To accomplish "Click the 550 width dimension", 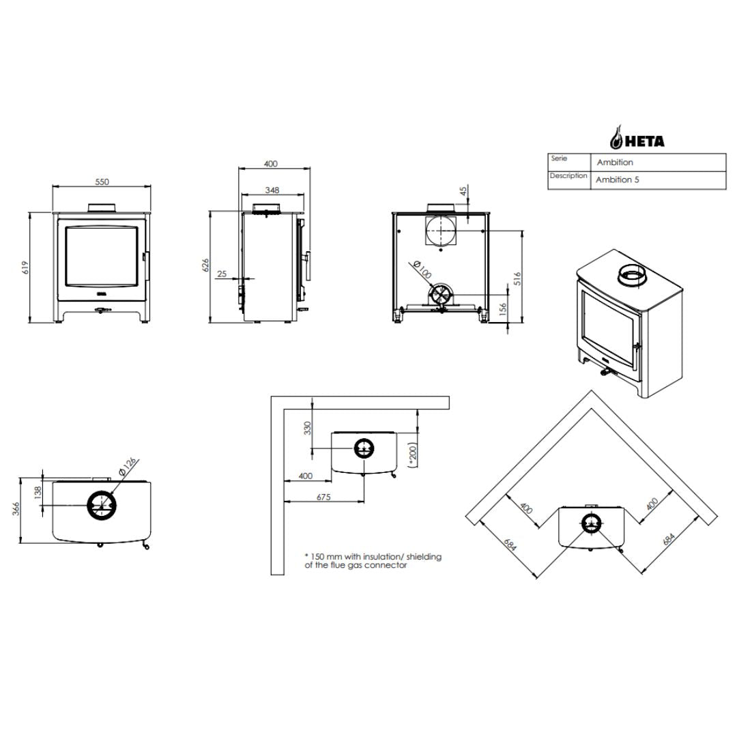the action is click(x=102, y=182).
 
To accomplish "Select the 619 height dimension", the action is click(x=26, y=268).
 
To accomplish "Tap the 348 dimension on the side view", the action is click(x=272, y=190).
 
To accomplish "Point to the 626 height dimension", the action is click(x=205, y=265).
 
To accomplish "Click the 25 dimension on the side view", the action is click(x=222, y=274).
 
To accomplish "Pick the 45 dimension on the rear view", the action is click(x=463, y=191).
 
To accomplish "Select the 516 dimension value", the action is click(x=517, y=278).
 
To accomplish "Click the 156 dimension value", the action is click(x=503, y=309).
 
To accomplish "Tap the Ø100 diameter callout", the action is click(x=421, y=270).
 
